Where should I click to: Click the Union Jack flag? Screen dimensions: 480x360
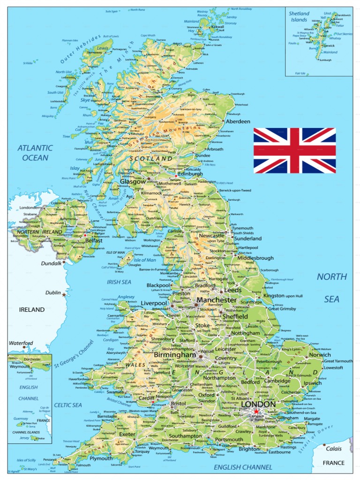pyautogui.click(x=295, y=150)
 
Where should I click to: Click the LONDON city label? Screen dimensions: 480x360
pyautogui.click(x=257, y=404)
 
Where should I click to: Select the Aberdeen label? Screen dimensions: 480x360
pyautogui.click(x=238, y=121)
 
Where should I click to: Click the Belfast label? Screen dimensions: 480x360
pyautogui.click(x=93, y=240)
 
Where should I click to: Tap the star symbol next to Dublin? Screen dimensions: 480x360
pyautogui.click(x=64, y=294)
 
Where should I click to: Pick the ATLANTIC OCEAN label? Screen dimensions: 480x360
pyautogui.click(x=35, y=153)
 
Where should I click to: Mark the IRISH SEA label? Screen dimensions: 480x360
pyautogui.click(x=119, y=282)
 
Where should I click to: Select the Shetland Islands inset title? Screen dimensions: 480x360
pyautogui.click(x=299, y=17)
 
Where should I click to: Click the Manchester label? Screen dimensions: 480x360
pyautogui.click(x=217, y=300)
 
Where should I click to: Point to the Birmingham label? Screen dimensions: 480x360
pyautogui.click(x=174, y=355)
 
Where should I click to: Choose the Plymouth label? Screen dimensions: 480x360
pyautogui.click(x=101, y=458)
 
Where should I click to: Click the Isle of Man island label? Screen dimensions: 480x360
pyautogui.click(x=145, y=260)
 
